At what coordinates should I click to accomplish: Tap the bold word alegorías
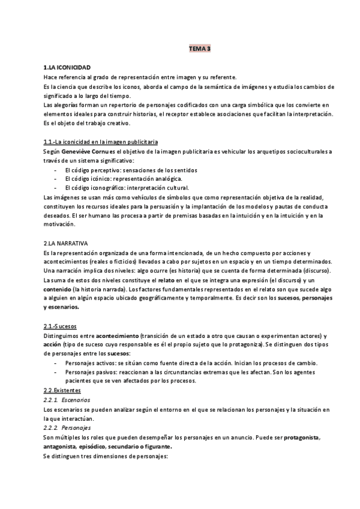(63, 105)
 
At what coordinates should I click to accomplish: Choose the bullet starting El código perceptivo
(131, 170)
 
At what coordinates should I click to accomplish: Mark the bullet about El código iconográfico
(127, 188)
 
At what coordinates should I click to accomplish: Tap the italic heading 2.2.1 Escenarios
(67, 400)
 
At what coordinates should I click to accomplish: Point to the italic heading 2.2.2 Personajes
(67, 428)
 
